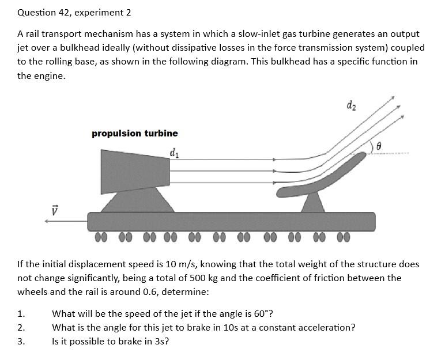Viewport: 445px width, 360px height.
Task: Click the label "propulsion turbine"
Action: [x=135, y=133]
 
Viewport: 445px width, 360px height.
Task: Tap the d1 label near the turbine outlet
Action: [x=174, y=153]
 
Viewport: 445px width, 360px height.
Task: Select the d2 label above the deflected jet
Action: [x=352, y=105]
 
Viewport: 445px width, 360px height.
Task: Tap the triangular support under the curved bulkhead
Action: [x=313, y=203]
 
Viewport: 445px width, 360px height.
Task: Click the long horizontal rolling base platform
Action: [x=231, y=221]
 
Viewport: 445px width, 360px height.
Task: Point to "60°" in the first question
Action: [x=261, y=314]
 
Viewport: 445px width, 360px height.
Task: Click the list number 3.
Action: [x=21, y=342]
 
